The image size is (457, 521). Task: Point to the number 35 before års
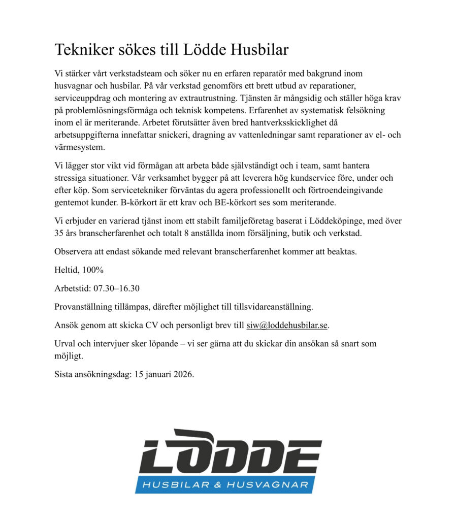(x=59, y=233)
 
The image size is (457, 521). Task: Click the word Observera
(x=74, y=251)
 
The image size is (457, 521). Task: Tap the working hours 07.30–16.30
(x=116, y=288)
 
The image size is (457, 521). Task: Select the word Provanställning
(x=84, y=307)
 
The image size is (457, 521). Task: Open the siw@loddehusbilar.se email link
(x=287, y=325)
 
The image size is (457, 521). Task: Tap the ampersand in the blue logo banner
(x=218, y=485)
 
